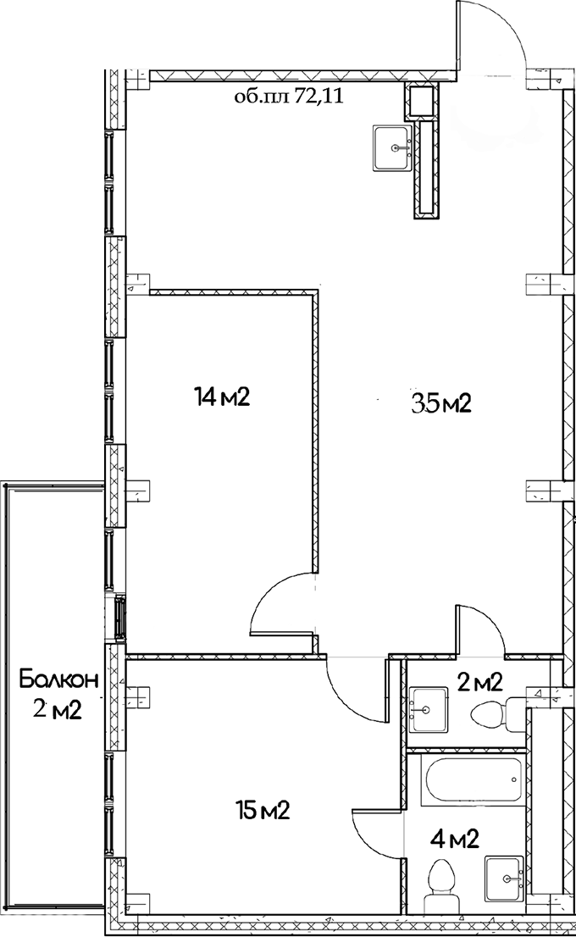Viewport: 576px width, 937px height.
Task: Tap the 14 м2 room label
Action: [221, 396]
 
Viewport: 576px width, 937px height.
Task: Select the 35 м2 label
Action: [440, 404]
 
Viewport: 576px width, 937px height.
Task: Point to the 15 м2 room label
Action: [263, 811]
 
